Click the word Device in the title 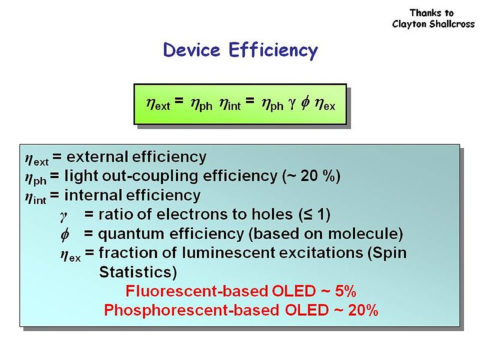click(x=193, y=50)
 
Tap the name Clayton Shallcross click(x=433, y=24)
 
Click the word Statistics click(x=137, y=272)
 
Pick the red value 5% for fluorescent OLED click(x=344, y=292)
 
